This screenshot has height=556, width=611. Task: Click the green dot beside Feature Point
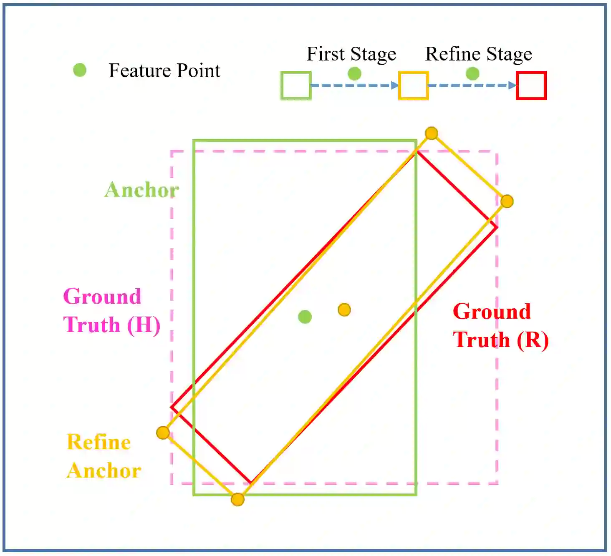click(x=80, y=70)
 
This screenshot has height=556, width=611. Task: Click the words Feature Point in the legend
click(x=164, y=70)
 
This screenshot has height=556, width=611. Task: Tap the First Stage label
click(x=351, y=54)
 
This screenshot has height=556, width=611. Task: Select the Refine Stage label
click(x=478, y=54)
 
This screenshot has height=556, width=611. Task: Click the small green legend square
click(x=296, y=86)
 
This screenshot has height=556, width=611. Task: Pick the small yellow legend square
click(x=413, y=86)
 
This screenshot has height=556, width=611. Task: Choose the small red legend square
click(x=531, y=86)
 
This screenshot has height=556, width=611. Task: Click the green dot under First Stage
click(x=354, y=74)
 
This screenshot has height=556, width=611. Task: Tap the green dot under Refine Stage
click(x=472, y=74)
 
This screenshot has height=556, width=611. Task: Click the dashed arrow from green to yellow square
click(x=354, y=86)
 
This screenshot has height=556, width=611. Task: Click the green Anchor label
click(x=142, y=190)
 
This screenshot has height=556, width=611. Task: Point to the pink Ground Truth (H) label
click(x=111, y=311)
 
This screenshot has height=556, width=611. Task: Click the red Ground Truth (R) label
click(x=500, y=326)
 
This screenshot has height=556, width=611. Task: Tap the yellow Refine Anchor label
click(x=104, y=456)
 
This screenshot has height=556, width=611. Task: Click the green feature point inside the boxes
click(x=305, y=317)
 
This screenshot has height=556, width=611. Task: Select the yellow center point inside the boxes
click(x=344, y=310)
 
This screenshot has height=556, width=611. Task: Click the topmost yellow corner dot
click(x=431, y=133)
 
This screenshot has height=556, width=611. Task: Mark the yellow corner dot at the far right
click(x=507, y=201)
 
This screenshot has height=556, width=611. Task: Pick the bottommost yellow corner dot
click(x=237, y=499)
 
